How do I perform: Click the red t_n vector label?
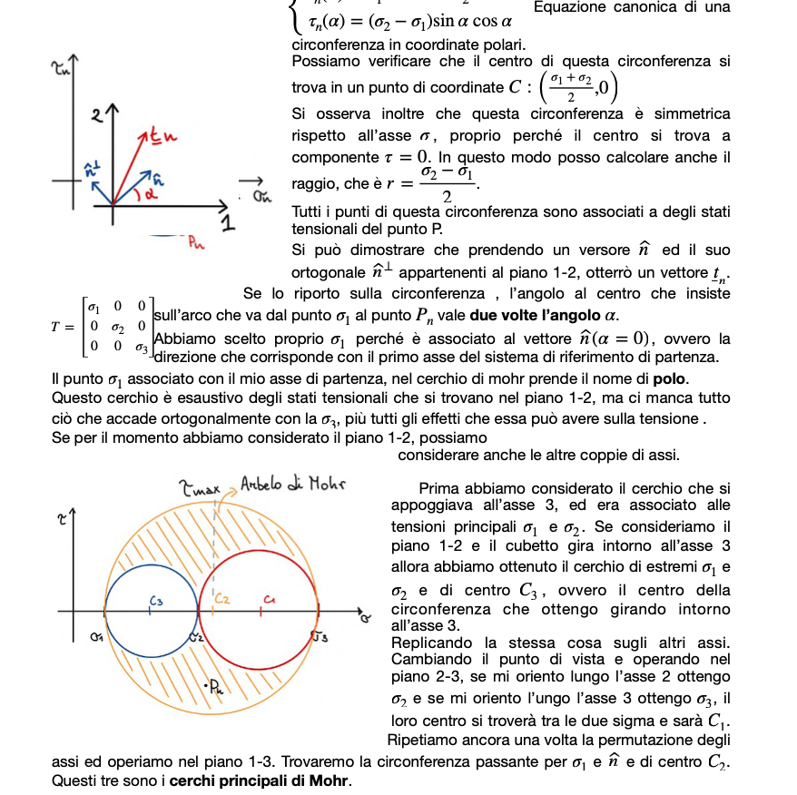click(x=163, y=137)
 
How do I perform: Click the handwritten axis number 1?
click(x=228, y=224)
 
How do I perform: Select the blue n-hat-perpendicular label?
click(x=90, y=169)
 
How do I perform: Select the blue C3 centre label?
click(x=156, y=600)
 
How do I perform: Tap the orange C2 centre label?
click(x=222, y=599)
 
